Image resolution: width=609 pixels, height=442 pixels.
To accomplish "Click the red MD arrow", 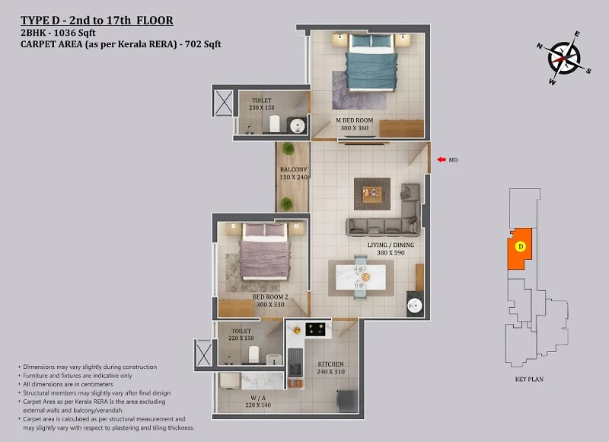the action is tap(442, 159).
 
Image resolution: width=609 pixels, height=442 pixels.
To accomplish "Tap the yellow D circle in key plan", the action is tap(521, 246).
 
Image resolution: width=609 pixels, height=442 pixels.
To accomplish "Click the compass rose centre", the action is tap(564, 59).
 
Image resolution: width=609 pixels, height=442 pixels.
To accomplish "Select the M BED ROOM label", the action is tap(354, 120).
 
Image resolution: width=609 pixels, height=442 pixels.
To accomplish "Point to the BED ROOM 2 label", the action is tap(270, 297).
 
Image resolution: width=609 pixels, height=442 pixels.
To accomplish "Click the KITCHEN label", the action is tap(330, 364).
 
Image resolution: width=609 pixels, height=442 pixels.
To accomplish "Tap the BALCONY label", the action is tap(294, 169).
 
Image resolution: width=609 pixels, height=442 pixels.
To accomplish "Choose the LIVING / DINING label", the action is tap(391, 245).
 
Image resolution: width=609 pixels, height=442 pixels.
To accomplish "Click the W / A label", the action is tap(258, 398).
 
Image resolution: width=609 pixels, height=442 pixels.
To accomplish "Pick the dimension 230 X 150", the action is tap(262, 107).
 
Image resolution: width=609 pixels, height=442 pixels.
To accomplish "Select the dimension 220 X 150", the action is tap(241, 338).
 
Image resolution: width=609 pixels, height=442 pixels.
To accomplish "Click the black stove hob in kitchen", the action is tap(315, 329).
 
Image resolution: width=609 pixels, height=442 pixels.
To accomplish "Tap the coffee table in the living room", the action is tap(372, 194).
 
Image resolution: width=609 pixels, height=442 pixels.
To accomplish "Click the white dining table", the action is tap(361, 277).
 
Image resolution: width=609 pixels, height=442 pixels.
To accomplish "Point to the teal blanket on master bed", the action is tap(371, 71).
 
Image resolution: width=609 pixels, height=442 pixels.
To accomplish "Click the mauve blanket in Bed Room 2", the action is tap(264, 259).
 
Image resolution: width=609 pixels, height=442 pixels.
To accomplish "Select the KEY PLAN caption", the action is tap(529, 379).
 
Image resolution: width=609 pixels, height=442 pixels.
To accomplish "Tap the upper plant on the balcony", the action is tap(289, 148).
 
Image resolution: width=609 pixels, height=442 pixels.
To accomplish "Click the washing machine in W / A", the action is tap(229, 381).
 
